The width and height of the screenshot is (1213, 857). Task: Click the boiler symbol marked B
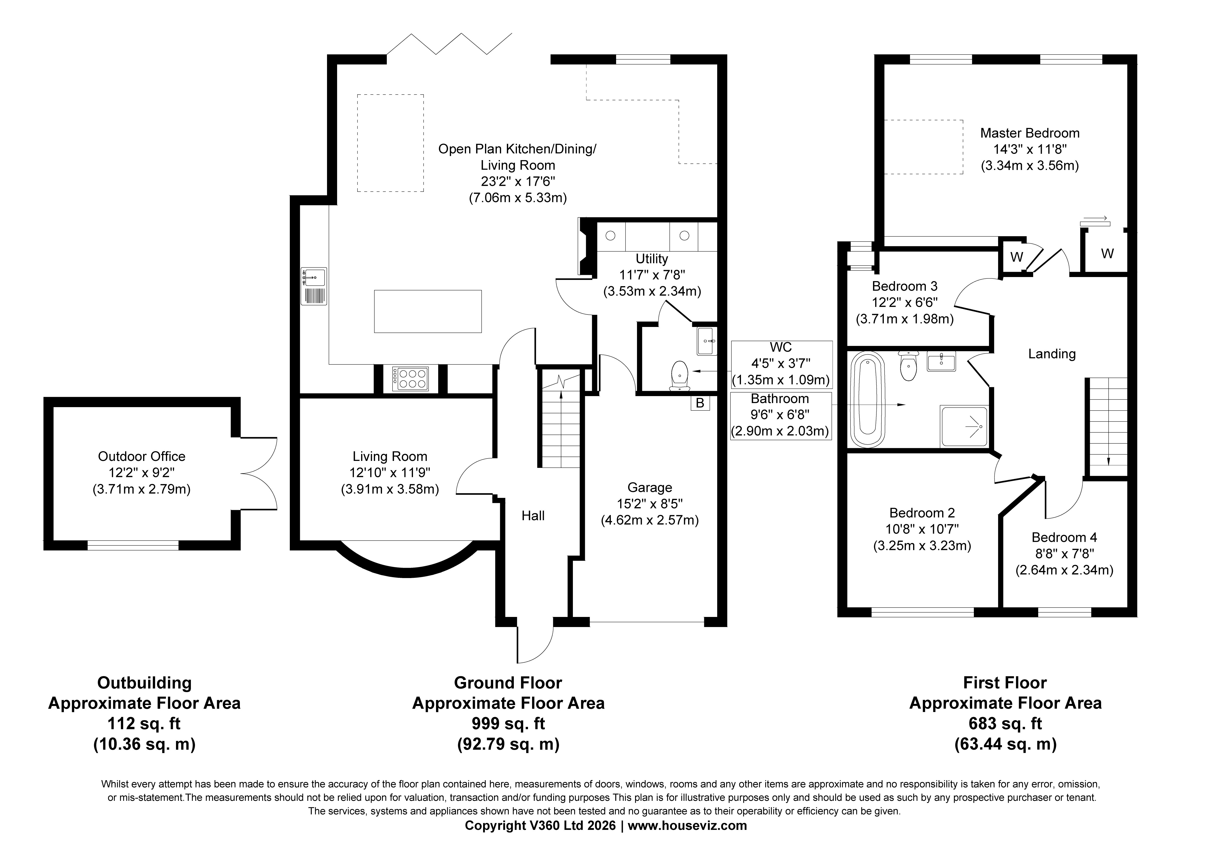tap(700, 403)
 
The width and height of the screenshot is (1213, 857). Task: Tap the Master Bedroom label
tap(1030, 133)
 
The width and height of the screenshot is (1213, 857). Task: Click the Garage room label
tap(650, 488)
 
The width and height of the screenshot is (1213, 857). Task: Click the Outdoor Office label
tap(142, 457)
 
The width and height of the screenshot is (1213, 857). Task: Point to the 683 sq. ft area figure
tap(1005, 723)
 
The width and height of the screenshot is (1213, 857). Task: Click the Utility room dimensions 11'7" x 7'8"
tap(652, 275)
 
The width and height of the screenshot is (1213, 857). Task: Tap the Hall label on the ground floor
tap(533, 516)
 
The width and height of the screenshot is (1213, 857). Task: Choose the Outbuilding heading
tap(144, 683)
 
